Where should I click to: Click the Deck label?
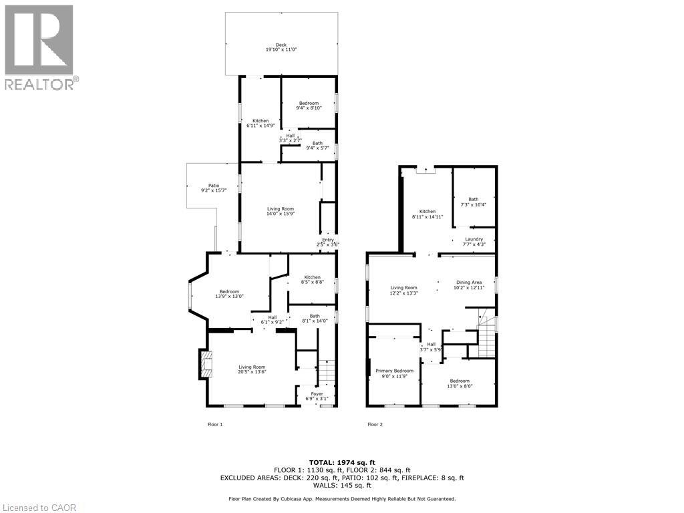(281, 47)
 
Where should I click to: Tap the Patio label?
(214, 188)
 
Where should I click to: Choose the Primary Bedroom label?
(394, 373)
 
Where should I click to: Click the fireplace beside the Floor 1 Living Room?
(204, 364)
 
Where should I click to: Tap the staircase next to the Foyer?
(325, 372)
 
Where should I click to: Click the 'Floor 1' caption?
(215, 424)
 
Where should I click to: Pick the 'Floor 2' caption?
(375, 424)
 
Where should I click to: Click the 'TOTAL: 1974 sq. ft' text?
(342, 462)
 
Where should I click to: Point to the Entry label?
(328, 242)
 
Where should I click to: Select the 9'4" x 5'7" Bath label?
(317, 146)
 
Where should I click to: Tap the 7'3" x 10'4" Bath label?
(473, 202)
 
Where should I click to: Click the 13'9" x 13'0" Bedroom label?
(230, 294)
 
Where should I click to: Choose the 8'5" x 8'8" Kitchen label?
(313, 280)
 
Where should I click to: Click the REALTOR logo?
(40, 47)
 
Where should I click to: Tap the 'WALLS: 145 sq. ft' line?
(342, 486)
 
